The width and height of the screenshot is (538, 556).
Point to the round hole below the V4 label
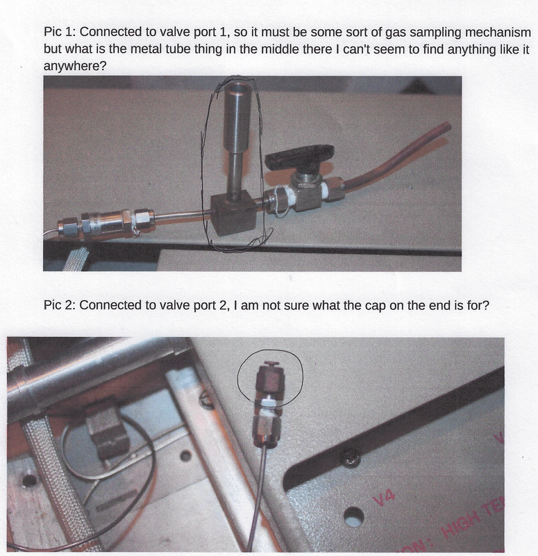click(x=354, y=517)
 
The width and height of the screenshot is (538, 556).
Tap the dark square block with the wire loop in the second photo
click(x=107, y=431)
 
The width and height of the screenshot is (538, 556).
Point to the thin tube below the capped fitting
click(x=263, y=486)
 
